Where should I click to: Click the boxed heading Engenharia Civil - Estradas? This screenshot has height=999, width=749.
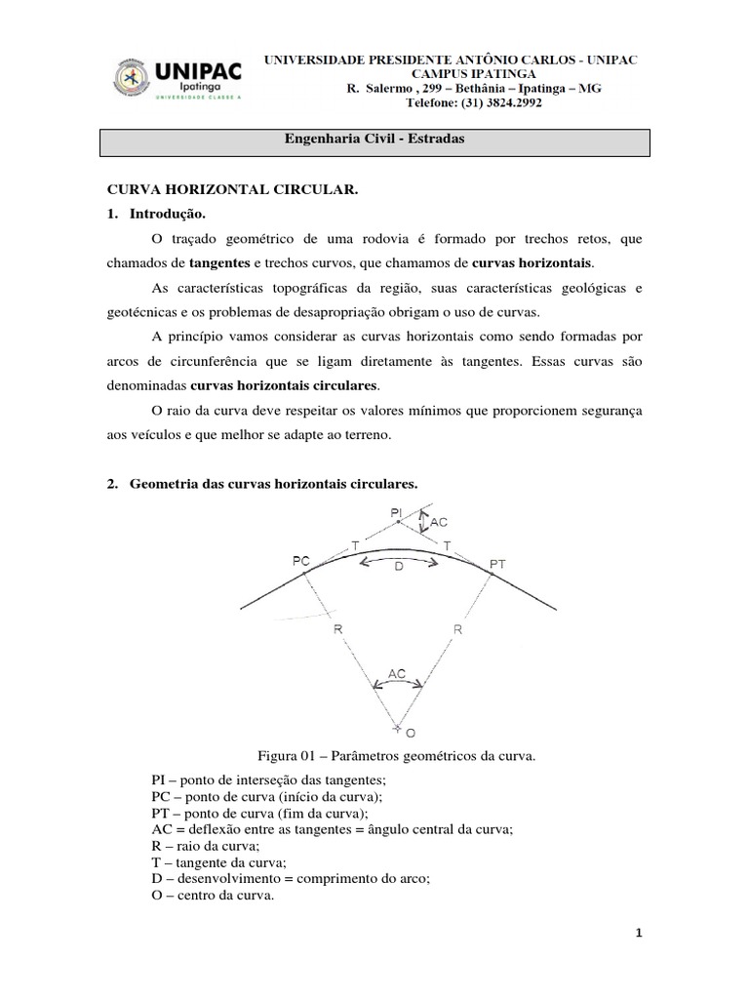pos(374,140)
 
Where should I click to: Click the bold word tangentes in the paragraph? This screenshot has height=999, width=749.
pos(220,264)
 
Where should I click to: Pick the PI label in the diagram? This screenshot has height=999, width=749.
pos(395,511)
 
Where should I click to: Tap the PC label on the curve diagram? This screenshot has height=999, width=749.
pos(300,560)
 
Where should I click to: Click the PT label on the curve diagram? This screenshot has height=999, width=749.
pos(497,564)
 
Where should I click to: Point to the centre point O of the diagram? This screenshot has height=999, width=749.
pos(398,727)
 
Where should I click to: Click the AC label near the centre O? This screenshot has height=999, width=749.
pos(397,673)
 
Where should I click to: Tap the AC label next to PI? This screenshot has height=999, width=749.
pos(439,523)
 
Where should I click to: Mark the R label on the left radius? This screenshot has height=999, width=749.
pos(338,630)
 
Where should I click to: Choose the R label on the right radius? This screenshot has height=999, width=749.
pos(456,630)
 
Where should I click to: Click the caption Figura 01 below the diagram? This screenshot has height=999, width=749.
pos(397,754)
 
